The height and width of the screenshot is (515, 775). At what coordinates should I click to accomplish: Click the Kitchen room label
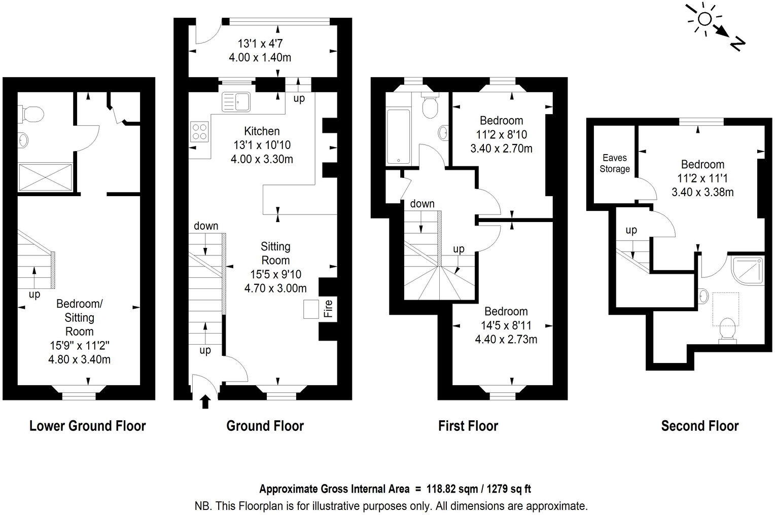(262, 131)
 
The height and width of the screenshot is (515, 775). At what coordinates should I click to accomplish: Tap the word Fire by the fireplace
(328, 309)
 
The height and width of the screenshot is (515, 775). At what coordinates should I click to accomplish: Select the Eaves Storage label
(615, 163)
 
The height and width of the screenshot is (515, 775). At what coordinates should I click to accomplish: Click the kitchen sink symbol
(236, 101)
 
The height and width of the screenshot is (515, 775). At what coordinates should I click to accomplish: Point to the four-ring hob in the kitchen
(200, 132)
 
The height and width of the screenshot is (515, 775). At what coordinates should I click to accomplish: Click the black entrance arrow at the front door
(205, 402)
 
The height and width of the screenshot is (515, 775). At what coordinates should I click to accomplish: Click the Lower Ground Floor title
(87, 426)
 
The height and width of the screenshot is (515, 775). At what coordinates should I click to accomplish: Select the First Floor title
(468, 426)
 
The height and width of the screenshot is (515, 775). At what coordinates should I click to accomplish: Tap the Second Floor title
(699, 426)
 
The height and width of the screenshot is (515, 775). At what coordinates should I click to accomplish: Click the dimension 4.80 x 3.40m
(80, 360)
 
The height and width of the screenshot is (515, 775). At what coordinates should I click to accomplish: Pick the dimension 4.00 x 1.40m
(260, 57)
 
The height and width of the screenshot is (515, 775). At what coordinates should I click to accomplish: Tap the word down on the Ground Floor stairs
(206, 226)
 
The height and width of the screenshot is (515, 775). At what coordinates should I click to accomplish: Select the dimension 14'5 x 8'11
(506, 325)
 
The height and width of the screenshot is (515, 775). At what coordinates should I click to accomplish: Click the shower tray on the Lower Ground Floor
(46, 176)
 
